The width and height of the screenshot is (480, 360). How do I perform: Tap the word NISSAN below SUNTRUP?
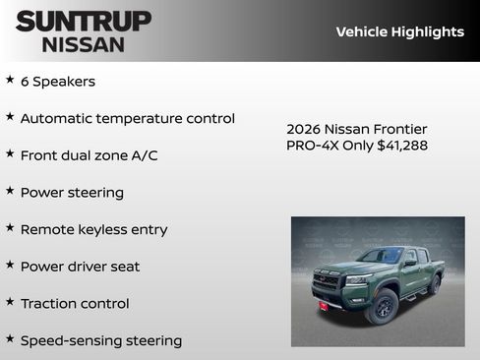pos(84,43)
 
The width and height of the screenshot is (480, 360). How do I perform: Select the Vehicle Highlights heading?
pos(399,31)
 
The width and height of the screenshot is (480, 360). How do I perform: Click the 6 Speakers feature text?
pos(58,82)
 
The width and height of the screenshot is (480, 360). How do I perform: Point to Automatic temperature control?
pos(127,118)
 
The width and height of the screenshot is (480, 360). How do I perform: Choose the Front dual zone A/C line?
pos(89,155)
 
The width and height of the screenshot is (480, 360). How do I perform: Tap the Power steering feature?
pos(72,193)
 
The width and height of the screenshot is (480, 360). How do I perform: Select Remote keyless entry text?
pos(93,229)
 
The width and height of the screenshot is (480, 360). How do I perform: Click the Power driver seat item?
pos(80,267)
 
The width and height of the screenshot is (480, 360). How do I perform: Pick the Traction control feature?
pos(75,304)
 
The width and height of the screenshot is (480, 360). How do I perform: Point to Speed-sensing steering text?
pos(100,340)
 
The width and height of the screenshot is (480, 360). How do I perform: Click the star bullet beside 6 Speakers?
pos(10,80)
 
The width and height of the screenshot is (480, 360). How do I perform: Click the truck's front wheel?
pos(382,307)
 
